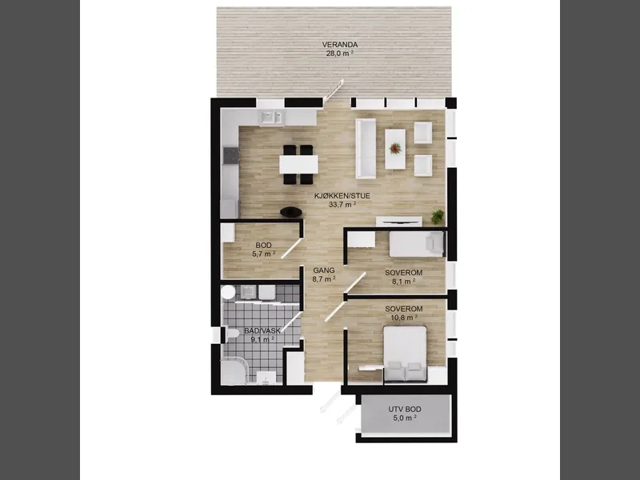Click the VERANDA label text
click(339, 45)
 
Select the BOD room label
click(263, 246)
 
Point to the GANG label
click(324, 270)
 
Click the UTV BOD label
click(405, 409)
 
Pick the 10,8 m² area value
click(403, 317)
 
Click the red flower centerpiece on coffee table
click(395, 148)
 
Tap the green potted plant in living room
click(438, 217)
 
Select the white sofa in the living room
click(366, 149)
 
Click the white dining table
click(298, 164)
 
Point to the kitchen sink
click(271, 118)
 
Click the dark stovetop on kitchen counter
click(231, 155)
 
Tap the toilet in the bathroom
click(231, 335)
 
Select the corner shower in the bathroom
click(234, 372)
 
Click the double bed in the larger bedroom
click(405, 354)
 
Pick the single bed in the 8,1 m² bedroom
click(417, 244)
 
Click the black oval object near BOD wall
click(291, 212)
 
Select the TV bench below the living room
click(398, 221)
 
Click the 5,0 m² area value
click(405, 418)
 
